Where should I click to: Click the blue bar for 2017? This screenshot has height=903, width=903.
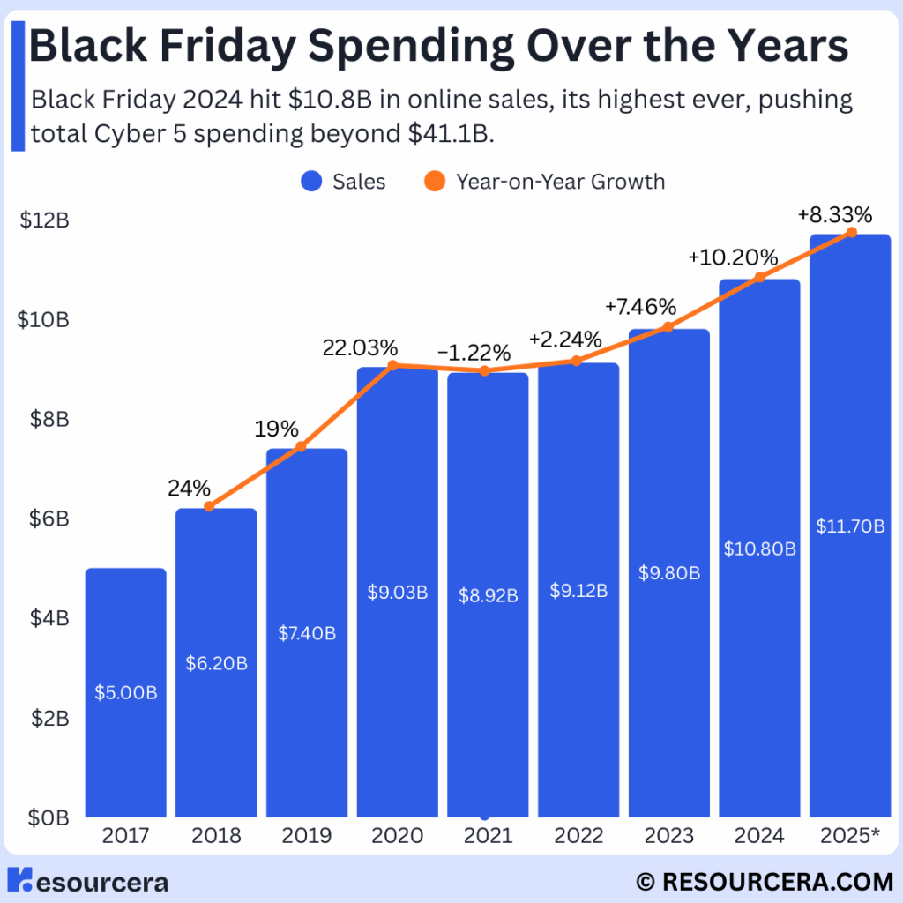point(125,692)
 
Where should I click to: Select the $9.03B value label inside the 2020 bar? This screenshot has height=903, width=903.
point(397,593)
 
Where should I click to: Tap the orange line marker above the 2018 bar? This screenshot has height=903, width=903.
point(209,506)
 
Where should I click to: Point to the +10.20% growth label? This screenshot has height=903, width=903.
point(733,258)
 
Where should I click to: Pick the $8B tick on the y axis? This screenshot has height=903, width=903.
point(44,418)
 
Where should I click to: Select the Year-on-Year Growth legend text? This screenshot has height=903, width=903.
point(560,182)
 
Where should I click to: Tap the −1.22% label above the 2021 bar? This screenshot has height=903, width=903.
point(474,353)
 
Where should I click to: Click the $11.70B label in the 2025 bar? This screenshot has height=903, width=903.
point(849,527)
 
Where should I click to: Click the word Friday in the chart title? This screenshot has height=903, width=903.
point(225,48)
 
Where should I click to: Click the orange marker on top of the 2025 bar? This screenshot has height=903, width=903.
point(851,232)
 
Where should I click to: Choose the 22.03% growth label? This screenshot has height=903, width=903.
point(360,347)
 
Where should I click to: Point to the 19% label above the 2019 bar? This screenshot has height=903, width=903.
point(277,429)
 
